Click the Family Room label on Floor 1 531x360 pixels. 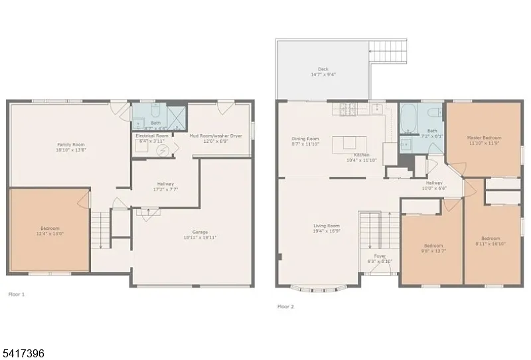70,144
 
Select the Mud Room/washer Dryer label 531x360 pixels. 216,135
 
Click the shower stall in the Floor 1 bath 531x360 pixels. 175,116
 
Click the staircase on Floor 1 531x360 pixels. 100,228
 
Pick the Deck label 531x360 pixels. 323,70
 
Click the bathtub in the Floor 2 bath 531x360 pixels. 408,118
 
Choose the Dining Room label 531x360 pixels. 305,139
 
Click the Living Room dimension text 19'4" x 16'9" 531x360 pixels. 327,231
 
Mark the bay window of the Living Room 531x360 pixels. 321,288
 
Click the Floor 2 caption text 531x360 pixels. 285,307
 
